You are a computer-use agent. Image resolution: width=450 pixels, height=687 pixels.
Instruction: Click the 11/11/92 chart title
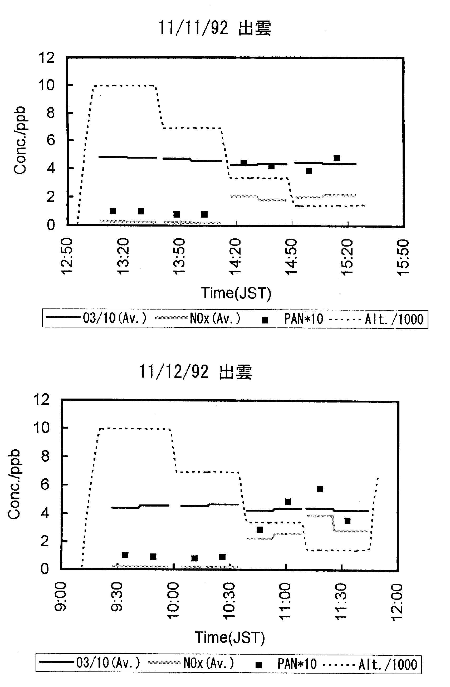click(215, 28)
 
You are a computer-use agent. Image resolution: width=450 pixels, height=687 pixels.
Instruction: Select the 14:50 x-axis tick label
click(291, 257)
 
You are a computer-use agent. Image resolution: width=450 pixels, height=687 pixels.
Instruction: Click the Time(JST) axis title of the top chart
click(236, 293)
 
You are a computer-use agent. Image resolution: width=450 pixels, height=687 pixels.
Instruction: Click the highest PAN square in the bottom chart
click(320, 489)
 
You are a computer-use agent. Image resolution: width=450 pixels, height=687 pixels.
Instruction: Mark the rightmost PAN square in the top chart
click(336, 158)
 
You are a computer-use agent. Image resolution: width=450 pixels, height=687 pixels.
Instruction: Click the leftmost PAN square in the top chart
click(113, 211)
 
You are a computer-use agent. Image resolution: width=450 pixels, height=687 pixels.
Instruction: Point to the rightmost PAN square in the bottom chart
click(347, 521)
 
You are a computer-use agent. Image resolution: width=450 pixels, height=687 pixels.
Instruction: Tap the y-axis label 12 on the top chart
click(47, 58)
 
